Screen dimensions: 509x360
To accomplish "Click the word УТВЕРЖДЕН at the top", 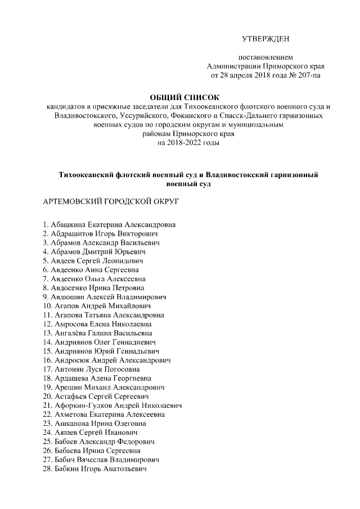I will coord(265,39).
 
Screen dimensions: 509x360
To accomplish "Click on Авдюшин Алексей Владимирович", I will coord(104,297).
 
